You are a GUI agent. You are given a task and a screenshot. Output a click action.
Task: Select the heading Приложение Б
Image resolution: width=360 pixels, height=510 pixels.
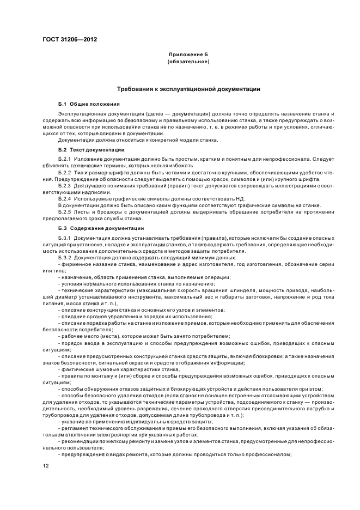(188, 55)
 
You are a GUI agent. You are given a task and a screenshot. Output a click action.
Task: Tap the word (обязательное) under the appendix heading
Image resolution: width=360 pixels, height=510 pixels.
(188, 62)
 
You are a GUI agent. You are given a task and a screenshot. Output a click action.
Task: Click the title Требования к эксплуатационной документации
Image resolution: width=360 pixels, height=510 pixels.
(188, 88)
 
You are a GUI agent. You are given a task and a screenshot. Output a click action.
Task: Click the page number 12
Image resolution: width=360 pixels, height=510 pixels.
(46, 465)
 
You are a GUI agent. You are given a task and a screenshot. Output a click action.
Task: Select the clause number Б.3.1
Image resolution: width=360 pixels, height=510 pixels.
(64, 238)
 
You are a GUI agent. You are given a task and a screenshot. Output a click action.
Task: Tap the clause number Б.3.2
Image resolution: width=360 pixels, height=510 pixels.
(64, 257)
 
